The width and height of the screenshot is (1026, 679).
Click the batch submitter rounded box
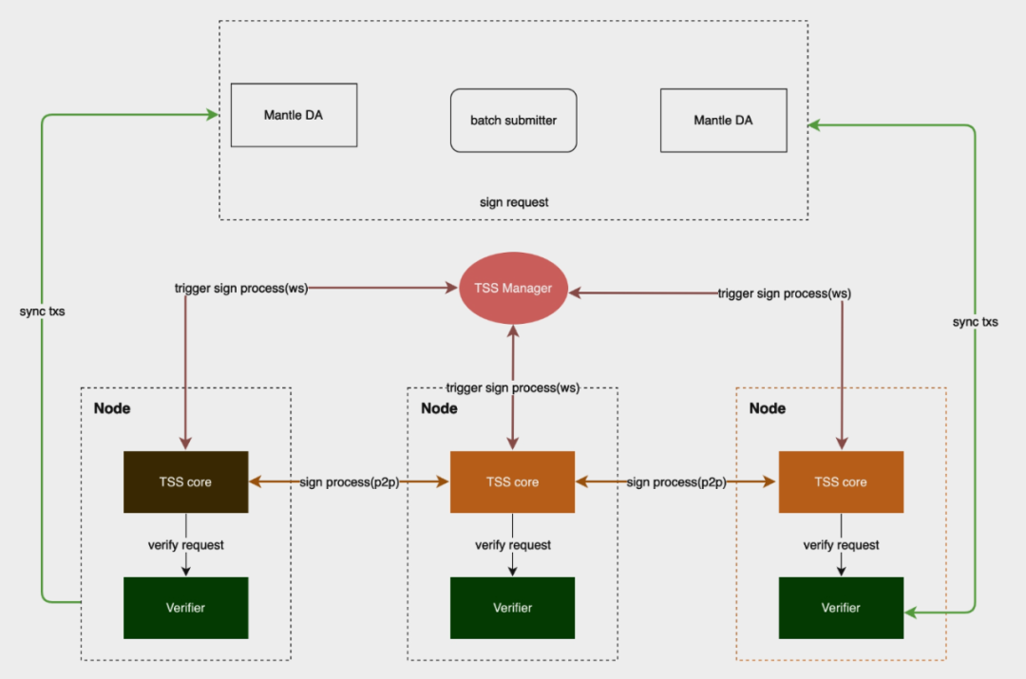(513, 121)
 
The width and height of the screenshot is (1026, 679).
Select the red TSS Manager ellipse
(513, 288)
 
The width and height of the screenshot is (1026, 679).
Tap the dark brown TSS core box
(186, 481)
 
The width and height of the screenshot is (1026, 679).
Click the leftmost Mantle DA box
(294, 115)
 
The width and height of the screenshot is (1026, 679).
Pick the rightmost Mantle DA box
(724, 121)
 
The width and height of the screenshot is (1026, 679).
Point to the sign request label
(514, 202)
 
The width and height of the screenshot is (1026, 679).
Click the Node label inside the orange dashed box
(768, 408)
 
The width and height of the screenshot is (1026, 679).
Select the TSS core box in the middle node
(512, 481)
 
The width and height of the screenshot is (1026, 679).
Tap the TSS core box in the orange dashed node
(840, 481)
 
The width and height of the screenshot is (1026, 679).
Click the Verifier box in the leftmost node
(186, 608)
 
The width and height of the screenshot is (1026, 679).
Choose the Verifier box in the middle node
(512, 608)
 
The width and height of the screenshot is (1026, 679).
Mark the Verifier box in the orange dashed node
(840, 608)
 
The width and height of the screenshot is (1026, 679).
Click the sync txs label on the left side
(43, 311)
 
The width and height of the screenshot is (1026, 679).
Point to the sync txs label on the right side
(975, 322)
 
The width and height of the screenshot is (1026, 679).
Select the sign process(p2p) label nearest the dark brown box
(349, 482)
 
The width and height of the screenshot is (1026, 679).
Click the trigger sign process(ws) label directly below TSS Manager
(513, 388)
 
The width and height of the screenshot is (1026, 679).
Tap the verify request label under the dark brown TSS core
(186, 545)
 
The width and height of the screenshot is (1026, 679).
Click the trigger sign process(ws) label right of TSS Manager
(784, 293)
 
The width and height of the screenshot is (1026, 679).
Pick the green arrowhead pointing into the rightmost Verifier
(910, 613)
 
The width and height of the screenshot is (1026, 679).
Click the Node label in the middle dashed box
(439, 408)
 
